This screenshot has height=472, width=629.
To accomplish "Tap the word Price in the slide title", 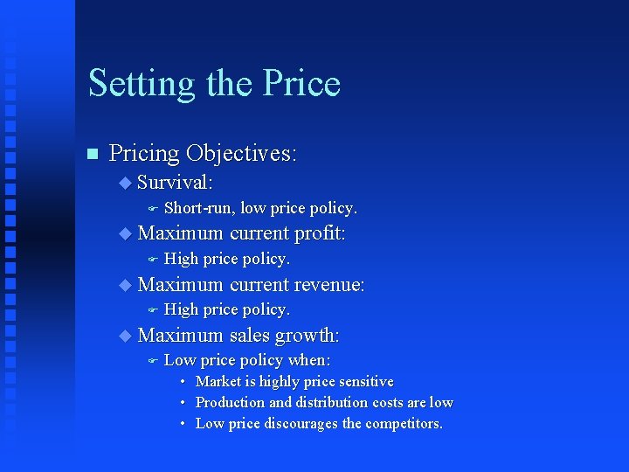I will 301,83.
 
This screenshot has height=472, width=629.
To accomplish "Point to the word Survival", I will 176,183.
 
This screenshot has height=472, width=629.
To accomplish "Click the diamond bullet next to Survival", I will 125,183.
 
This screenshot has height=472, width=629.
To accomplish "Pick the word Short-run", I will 199,208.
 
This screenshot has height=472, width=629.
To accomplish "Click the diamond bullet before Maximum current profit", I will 125,233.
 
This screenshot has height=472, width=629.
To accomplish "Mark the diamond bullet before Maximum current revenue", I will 125,284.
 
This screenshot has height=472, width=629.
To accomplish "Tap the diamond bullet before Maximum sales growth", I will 125,335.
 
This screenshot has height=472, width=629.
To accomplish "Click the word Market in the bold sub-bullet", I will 218,382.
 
